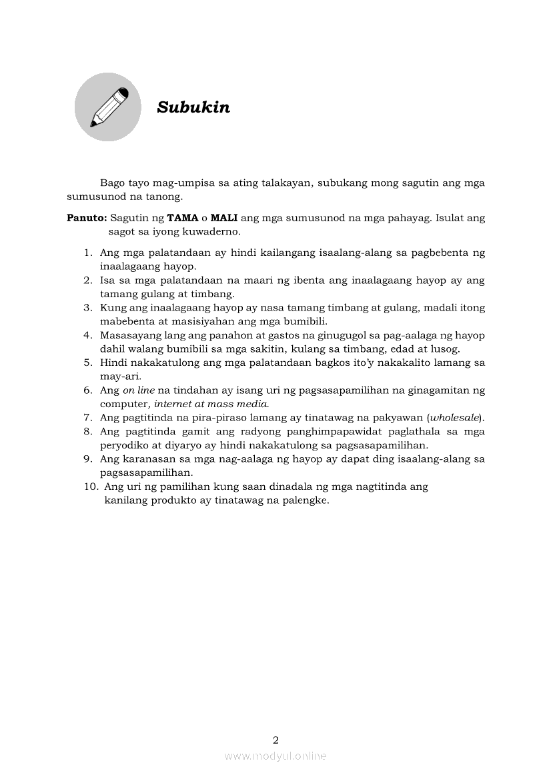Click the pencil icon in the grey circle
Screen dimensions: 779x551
pos(107,107)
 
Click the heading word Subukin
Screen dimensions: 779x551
pos(193,107)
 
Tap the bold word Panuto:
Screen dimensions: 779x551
pos(87,218)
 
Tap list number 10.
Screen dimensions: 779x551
pos(91,486)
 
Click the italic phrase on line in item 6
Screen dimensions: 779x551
pos(137,390)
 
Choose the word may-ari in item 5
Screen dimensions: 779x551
pos(119,376)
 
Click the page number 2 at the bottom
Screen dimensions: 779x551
pos(275,740)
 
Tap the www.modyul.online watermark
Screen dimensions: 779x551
pos(275,756)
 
